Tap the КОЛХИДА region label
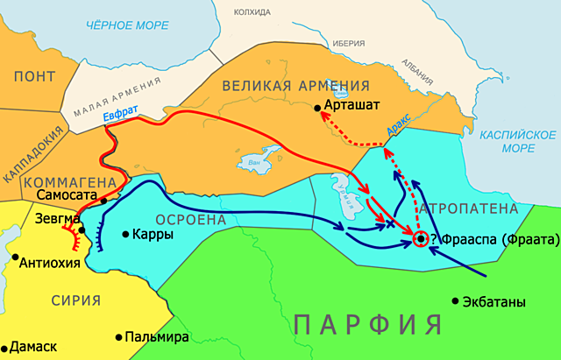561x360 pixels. [252, 11]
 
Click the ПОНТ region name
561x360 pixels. [35, 77]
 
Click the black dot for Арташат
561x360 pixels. [317, 108]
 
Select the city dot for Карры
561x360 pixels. [125, 234]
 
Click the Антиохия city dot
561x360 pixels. [16, 258]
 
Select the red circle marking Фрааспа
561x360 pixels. [421, 238]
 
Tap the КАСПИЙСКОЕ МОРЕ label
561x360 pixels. [517, 142]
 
